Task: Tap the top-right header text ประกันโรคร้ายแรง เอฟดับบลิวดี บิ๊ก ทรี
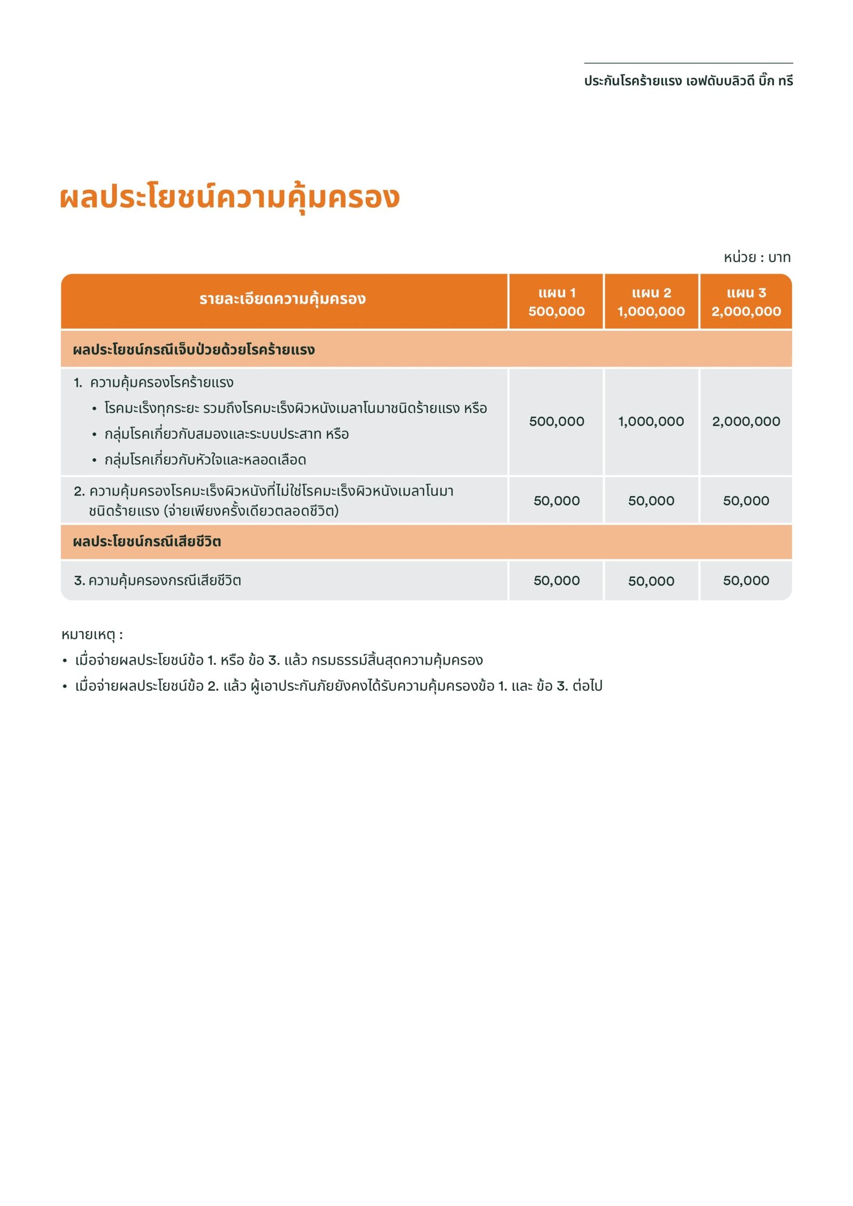point(688,81)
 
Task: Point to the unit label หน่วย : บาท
point(757,258)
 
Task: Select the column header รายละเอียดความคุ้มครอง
point(283,299)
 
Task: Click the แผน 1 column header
point(557,302)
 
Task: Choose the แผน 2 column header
point(651,302)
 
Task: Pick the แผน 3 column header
point(746,302)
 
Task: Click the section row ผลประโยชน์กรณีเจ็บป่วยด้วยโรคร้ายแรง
point(194,350)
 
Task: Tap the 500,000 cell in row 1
point(557,421)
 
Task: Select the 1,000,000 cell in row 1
point(651,421)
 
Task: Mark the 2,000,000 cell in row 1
point(746,421)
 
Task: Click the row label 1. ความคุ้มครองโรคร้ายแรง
point(154,382)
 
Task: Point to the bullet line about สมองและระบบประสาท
point(227,434)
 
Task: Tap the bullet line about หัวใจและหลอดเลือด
point(205,460)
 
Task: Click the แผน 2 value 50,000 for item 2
point(651,501)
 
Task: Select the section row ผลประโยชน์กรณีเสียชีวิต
point(147,542)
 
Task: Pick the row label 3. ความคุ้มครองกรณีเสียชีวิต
point(158,580)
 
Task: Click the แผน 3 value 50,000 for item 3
point(746,581)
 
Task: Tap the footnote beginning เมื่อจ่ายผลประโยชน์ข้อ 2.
point(339,686)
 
